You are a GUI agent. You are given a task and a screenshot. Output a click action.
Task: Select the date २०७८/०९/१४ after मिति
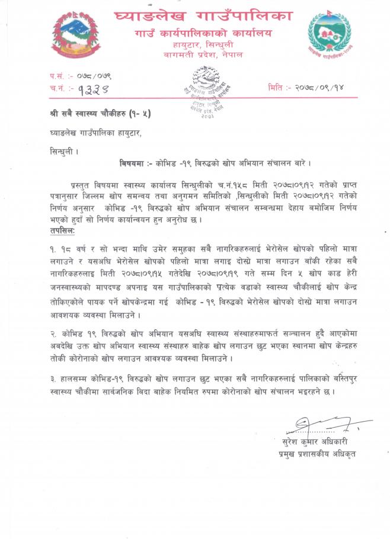[x=320, y=87]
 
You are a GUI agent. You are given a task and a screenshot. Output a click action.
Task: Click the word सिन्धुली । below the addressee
[x=63, y=152]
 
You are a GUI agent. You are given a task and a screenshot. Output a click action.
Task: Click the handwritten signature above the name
[x=323, y=425]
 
